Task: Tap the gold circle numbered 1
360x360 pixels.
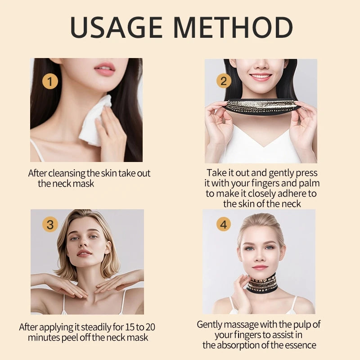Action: [x=50, y=81]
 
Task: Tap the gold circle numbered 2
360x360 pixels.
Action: [x=224, y=81]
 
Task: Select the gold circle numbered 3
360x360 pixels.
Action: [x=50, y=224]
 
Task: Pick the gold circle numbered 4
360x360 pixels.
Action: [x=224, y=224]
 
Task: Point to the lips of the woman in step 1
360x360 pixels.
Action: [x=105, y=69]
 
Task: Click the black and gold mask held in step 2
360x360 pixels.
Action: [x=262, y=106]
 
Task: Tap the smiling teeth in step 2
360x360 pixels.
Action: [x=261, y=76]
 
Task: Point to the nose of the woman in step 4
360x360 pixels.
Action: [x=260, y=256]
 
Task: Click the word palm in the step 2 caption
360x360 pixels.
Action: [x=309, y=183]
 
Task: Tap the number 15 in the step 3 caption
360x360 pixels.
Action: [x=130, y=327]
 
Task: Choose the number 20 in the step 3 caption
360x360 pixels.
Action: [x=150, y=327]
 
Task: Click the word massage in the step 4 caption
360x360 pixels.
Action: [x=241, y=325]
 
